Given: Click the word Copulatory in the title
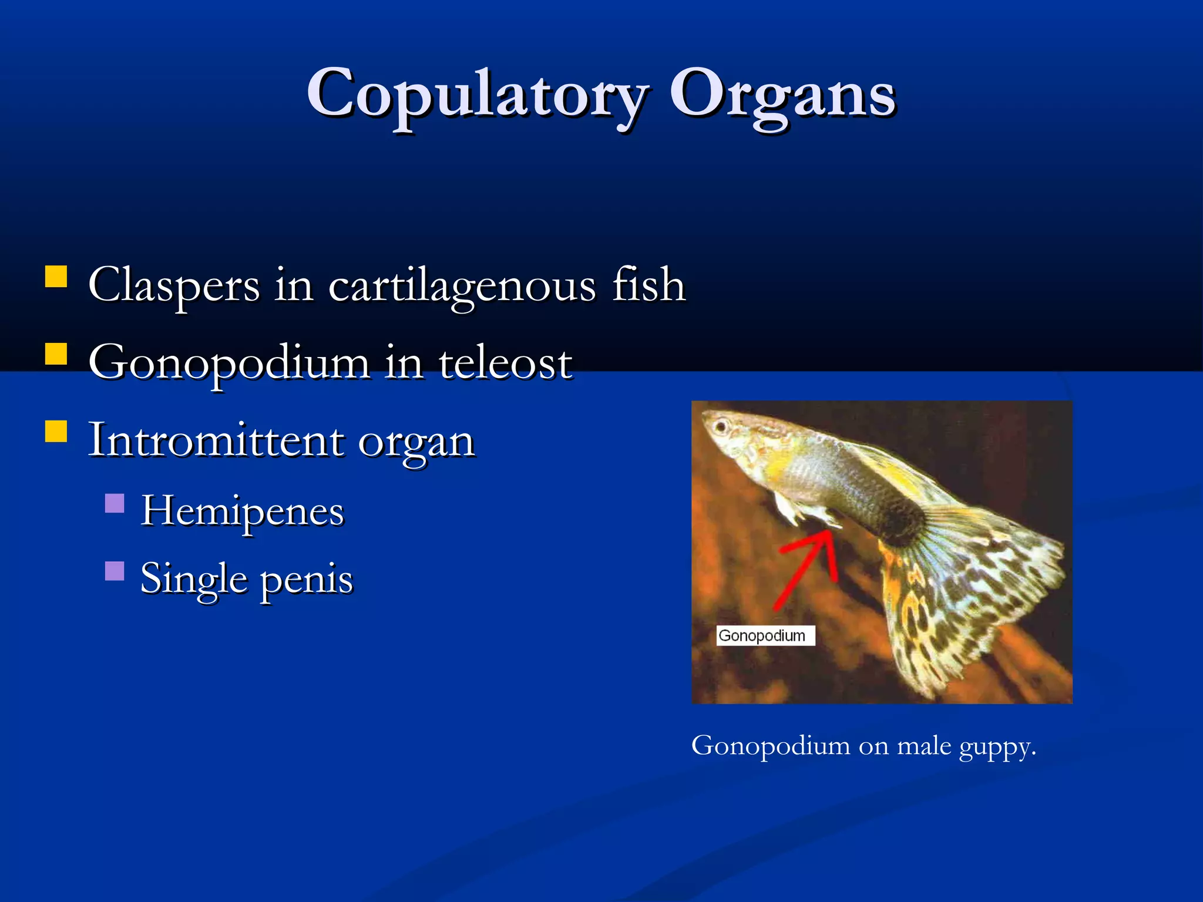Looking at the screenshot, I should coord(477,94).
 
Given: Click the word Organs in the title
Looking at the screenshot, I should coord(782,94).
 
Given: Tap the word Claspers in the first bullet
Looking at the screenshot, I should coord(174,285).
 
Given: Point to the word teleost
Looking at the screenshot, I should coord(505,363).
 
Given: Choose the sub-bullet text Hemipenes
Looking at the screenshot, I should coord(242,511).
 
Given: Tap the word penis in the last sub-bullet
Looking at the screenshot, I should coord(306,579).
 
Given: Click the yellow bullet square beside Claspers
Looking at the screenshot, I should coord(56,276).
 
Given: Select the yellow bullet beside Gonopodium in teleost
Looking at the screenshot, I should coord(56,354).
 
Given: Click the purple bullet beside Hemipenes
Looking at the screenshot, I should coord(115,503).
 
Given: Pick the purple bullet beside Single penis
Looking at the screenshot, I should coord(115,571).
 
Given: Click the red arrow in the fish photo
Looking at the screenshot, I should coord(808,570).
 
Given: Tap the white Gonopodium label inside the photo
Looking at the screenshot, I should coord(765,635).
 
